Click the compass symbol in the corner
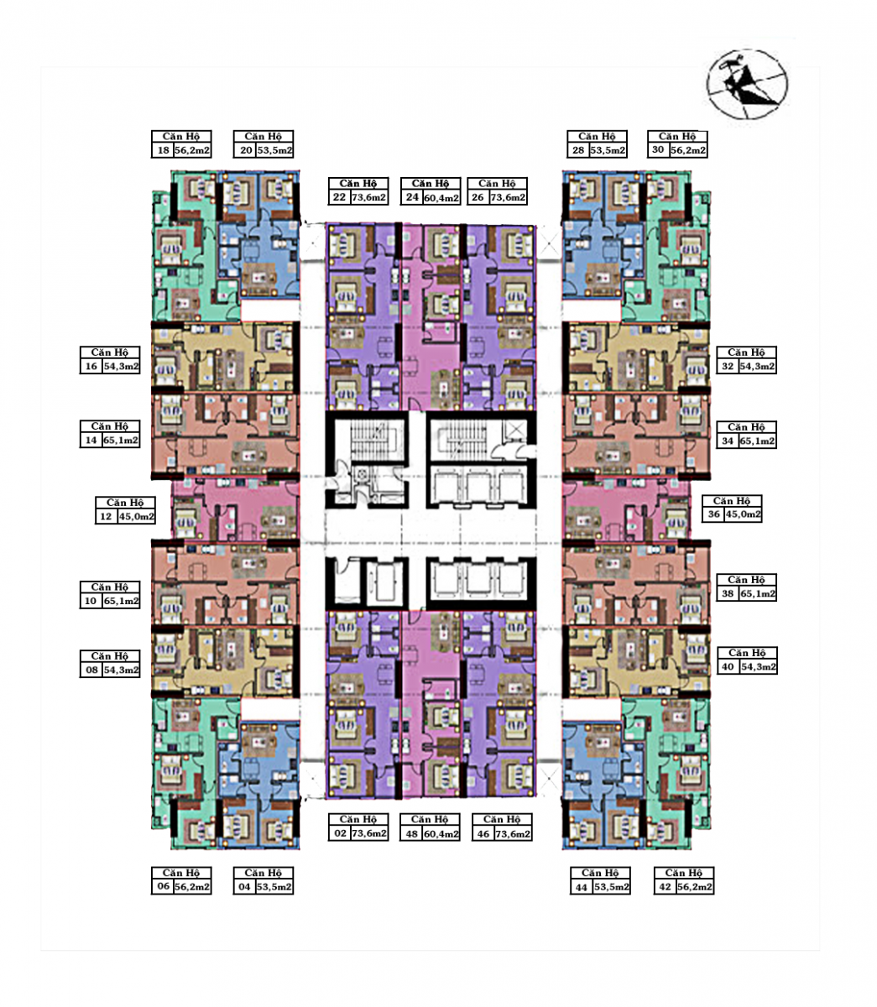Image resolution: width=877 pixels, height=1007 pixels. pyautogui.click(x=747, y=85)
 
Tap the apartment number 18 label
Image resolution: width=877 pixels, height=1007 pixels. pyautogui.click(x=163, y=150)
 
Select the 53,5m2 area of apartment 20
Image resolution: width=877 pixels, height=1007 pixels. pyautogui.click(x=274, y=150)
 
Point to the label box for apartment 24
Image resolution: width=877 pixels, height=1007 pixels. pyautogui.click(x=431, y=191)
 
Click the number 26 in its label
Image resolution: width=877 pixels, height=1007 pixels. pyautogui.click(x=478, y=197)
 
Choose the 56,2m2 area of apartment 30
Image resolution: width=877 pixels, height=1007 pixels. pyautogui.click(x=688, y=150)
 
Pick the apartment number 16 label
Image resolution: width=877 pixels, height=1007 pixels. pyautogui.click(x=91, y=367)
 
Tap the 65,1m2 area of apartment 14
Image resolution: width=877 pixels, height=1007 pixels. pyautogui.click(x=121, y=441)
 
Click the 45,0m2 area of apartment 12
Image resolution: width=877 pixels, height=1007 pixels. pyautogui.click(x=136, y=517)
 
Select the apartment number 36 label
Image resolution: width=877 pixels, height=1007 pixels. pyautogui.click(x=713, y=514)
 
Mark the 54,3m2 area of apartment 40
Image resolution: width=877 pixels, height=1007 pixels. pyautogui.click(x=759, y=667)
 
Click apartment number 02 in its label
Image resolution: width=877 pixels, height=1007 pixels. pyautogui.click(x=340, y=834)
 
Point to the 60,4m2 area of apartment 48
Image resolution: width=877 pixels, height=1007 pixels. pyautogui.click(x=441, y=834)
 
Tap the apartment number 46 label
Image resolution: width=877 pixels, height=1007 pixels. pyautogui.click(x=483, y=834)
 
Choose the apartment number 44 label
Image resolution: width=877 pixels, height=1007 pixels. pyautogui.click(x=582, y=887)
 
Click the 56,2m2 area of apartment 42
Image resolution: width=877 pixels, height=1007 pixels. pyautogui.click(x=694, y=887)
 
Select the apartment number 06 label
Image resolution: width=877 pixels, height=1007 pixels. pyautogui.click(x=163, y=887)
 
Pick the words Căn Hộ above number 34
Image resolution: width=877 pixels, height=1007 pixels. pyautogui.click(x=746, y=427)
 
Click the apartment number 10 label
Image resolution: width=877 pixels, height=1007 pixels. pyautogui.click(x=91, y=602)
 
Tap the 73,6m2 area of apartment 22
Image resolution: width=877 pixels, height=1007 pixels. pyautogui.click(x=369, y=198)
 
